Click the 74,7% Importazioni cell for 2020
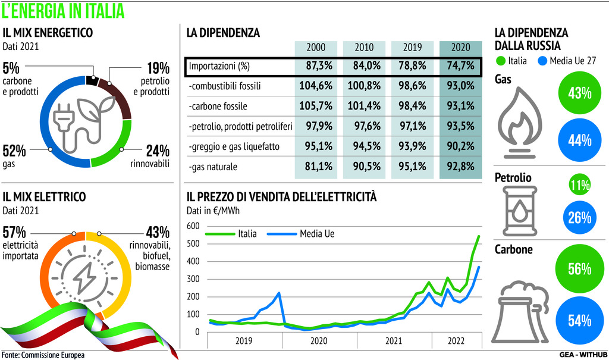(460, 66)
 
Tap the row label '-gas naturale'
(213, 167)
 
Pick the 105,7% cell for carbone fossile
(316, 107)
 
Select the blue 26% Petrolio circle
(579, 218)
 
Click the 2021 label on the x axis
(393, 341)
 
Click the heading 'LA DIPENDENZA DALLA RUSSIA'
(531, 39)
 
